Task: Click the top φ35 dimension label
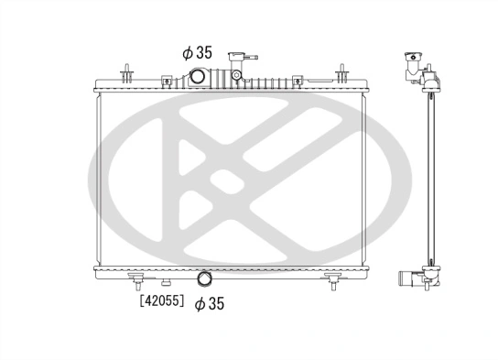(199, 52)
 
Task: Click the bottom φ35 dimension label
(211, 302)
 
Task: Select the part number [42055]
(161, 300)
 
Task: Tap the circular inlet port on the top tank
(199, 79)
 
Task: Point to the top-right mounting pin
(342, 71)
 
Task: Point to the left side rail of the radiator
(98, 179)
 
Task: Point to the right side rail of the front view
(366, 179)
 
